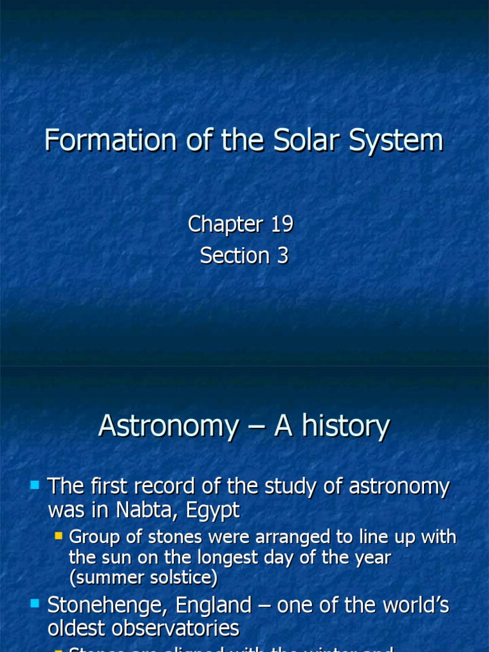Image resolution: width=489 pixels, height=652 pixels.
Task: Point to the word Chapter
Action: (x=225, y=224)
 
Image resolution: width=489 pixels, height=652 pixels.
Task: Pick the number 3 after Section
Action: (x=281, y=255)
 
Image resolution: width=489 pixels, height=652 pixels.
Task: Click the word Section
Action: (x=235, y=255)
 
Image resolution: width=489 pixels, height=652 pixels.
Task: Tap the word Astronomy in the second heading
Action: (x=168, y=426)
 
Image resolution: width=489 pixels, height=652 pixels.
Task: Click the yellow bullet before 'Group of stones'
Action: (x=59, y=536)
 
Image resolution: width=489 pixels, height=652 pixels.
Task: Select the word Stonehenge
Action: (x=104, y=605)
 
